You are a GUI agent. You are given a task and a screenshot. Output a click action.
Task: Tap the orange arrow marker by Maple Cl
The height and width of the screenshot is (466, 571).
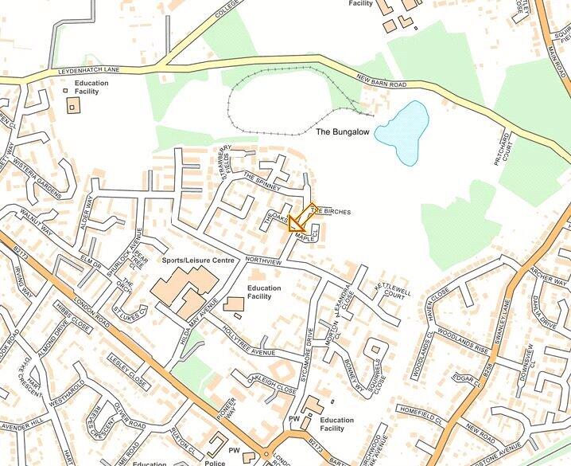pos(299,218)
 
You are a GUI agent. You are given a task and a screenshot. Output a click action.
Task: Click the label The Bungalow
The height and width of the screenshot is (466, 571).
pos(343,131)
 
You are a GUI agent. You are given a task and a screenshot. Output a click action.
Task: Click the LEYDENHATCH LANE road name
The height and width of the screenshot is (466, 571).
pos(89,70)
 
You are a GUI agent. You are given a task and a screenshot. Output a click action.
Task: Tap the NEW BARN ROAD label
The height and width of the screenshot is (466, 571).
pos(382,80)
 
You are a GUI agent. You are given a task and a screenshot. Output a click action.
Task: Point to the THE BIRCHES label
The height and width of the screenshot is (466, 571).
pos(330,211)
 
